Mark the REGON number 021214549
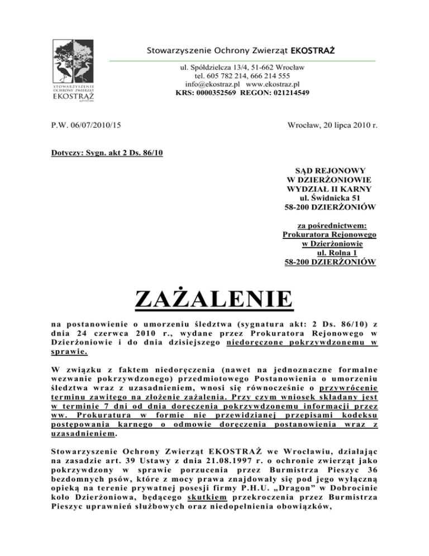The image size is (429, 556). [x=286, y=93]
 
